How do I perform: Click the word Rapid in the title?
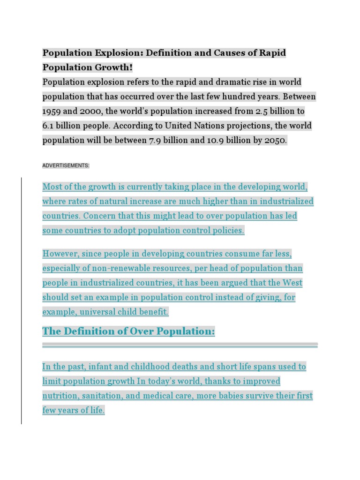click(272, 52)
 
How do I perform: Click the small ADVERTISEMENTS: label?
click(66, 165)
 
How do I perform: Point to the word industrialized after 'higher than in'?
click(285, 202)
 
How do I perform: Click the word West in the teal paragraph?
click(292, 283)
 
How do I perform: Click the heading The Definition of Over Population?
click(128, 331)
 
